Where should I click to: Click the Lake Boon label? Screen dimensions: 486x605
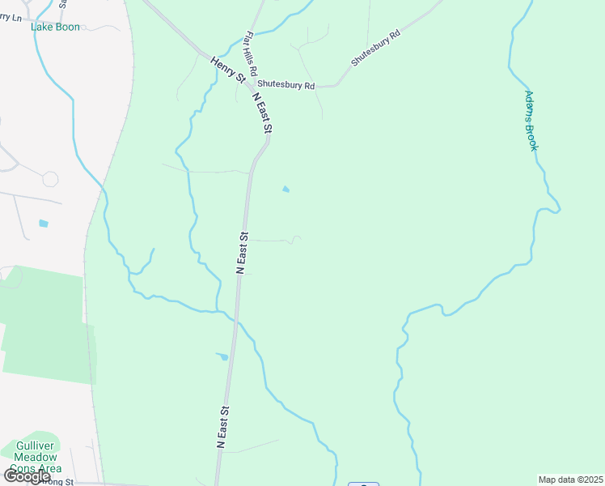[x=55, y=27]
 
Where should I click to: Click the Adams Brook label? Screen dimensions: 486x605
[x=531, y=121]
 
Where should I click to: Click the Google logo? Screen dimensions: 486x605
[x=27, y=476]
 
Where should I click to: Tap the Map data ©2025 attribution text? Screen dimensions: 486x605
[x=570, y=480]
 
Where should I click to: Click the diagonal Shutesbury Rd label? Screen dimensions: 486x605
[x=376, y=49]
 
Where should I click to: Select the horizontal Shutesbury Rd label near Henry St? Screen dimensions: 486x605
[x=286, y=85]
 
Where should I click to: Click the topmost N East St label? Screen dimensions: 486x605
[x=263, y=113]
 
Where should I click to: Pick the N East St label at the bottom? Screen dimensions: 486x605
[x=224, y=428]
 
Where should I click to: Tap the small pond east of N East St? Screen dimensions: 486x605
[x=286, y=190]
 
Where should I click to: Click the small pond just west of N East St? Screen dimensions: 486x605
[x=222, y=356]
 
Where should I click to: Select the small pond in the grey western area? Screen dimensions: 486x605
[x=43, y=223]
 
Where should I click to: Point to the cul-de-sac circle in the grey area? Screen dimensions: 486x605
[x=50, y=178]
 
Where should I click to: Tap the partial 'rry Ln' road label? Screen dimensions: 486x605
[x=11, y=16]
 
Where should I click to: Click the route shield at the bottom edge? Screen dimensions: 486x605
[x=363, y=484]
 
